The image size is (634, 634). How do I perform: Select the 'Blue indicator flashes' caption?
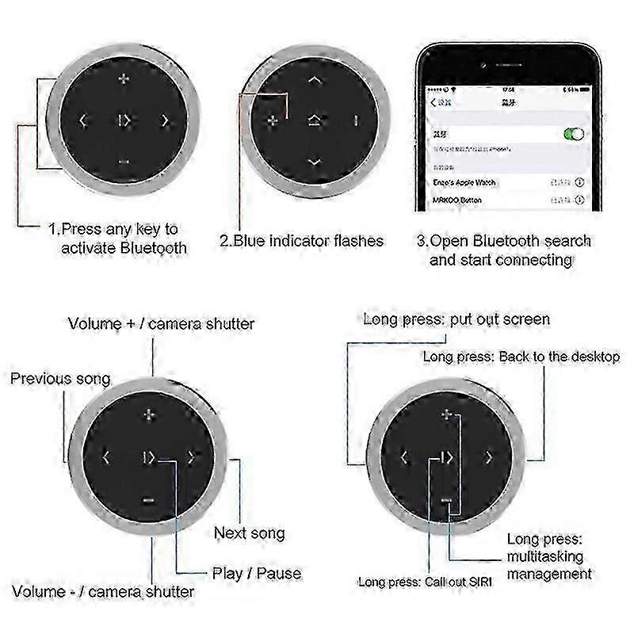302,240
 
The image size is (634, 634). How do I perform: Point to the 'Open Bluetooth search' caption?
504,250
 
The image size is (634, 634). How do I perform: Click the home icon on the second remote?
315,121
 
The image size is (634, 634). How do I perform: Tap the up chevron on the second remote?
315,80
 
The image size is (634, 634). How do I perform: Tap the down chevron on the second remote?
315,162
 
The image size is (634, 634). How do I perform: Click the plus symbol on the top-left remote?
123,79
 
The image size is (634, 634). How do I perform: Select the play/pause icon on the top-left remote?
124,121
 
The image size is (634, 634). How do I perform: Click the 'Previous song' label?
60,379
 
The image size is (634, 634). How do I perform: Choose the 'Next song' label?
250,533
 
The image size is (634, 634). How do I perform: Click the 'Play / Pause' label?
257,572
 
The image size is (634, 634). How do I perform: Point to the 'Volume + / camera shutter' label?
161,323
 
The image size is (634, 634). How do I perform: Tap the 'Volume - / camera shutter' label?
102,591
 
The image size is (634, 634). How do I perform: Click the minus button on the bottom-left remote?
148,499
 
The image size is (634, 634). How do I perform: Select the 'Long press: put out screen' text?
456,319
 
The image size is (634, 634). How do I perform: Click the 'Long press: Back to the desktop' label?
521,357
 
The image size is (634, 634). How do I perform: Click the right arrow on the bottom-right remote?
489,457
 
